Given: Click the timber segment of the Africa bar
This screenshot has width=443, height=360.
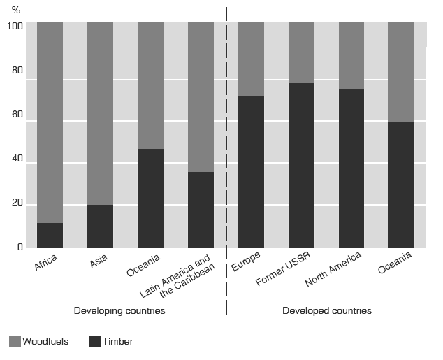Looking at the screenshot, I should click(x=50, y=236).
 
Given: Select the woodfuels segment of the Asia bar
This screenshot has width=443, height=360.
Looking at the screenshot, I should click(x=100, y=113).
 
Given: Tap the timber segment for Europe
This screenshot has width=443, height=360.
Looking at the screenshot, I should click(x=251, y=172).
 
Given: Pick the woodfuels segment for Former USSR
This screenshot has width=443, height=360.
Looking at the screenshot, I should click(x=301, y=52).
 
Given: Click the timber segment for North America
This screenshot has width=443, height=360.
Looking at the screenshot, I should click(x=351, y=168).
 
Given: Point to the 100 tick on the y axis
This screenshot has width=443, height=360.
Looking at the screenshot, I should click(x=16, y=27).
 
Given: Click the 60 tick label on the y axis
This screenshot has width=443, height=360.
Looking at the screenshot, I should click(x=18, y=115).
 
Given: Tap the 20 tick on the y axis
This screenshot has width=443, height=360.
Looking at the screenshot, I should click(x=18, y=203).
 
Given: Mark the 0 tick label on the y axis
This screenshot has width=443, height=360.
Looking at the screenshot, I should click(x=20, y=247).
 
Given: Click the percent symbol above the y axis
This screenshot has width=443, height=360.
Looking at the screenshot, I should click(x=16, y=10).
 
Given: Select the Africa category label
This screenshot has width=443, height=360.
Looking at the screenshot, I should click(x=45, y=264).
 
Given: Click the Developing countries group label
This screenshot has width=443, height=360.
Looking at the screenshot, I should click(x=119, y=310).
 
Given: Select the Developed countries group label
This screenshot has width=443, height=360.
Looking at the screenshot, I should click(x=326, y=310).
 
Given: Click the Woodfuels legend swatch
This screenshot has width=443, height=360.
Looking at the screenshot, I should click(x=15, y=342).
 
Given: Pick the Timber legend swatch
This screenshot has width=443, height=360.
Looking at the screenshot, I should click(x=96, y=342).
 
